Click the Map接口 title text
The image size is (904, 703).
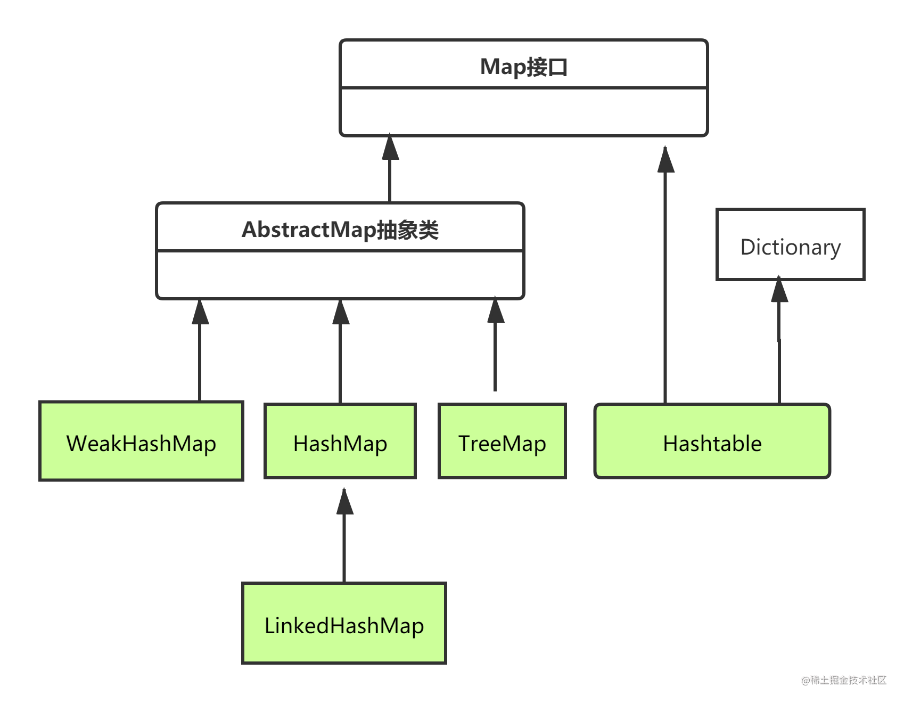(x=524, y=67)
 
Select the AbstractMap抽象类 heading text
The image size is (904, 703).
(x=340, y=230)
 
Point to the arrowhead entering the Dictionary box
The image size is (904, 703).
(x=779, y=290)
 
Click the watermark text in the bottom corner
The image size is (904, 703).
(x=843, y=680)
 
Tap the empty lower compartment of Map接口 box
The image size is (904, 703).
(x=524, y=112)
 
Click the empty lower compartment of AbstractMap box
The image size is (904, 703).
(x=340, y=274)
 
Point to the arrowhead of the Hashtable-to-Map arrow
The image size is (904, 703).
(x=665, y=159)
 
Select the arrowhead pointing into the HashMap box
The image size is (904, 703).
(x=344, y=502)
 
